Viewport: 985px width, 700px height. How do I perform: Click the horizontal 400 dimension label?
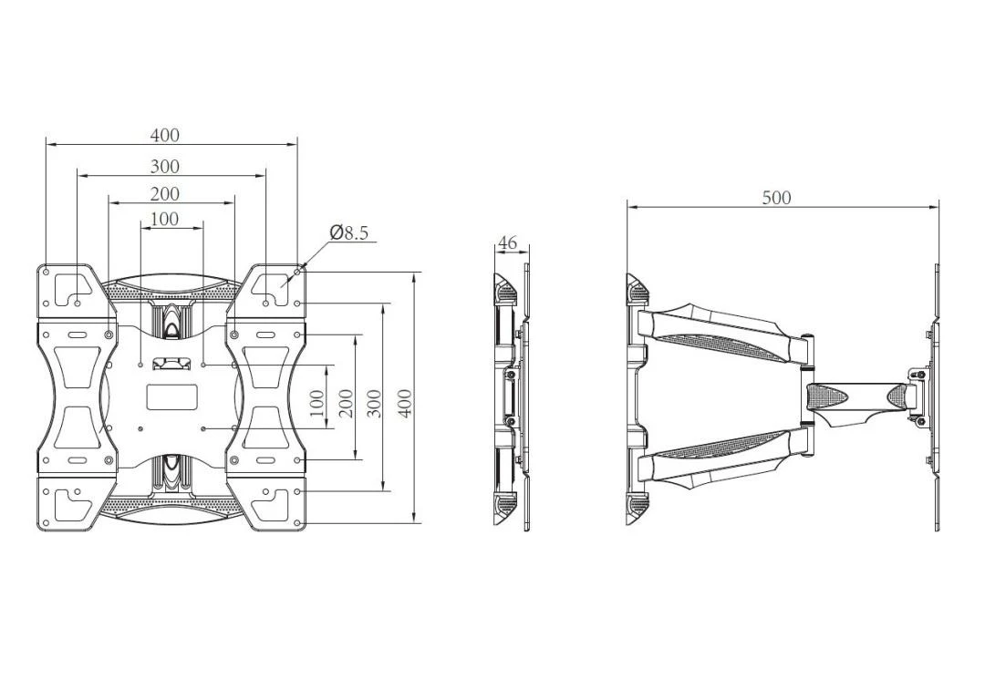[x=164, y=135]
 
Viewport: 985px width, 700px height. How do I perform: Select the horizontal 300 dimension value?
[x=164, y=167]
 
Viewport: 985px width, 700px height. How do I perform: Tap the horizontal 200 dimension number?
[x=164, y=194]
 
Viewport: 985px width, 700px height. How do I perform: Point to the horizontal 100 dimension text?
[x=164, y=219]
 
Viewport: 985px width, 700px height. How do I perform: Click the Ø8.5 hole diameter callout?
[x=348, y=233]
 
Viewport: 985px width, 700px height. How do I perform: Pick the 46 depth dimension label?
[x=507, y=242]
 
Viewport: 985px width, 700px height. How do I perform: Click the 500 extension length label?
[x=776, y=198]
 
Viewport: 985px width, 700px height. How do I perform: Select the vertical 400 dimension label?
[x=406, y=404]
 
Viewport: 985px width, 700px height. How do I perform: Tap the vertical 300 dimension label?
[x=375, y=404]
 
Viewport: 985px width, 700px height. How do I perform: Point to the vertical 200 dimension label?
[x=347, y=404]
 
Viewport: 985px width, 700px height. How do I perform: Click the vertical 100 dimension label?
[x=318, y=404]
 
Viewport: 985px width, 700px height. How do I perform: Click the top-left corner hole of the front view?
[x=47, y=272]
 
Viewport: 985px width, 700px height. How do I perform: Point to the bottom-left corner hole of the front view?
[x=46, y=522]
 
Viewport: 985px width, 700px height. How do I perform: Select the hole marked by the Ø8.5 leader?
[x=296, y=272]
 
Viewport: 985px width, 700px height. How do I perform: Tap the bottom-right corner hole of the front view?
[x=296, y=522]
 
